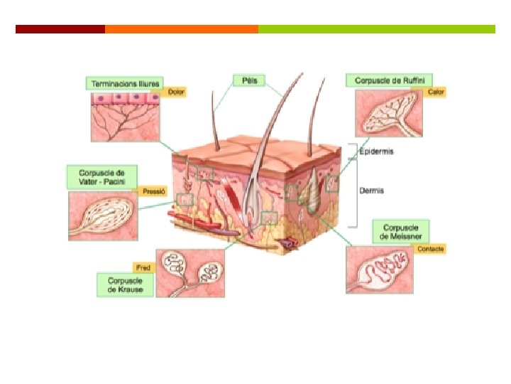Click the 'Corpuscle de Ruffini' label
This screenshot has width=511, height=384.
click(x=390, y=80)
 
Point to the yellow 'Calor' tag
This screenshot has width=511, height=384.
click(x=435, y=92)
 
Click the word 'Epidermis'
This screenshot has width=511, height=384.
click(x=377, y=151)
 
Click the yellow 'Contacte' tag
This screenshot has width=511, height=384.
click(x=431, y=249)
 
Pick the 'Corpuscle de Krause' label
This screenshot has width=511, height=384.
click(x=125, y=285)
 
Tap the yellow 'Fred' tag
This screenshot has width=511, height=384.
click(x=143, y=268)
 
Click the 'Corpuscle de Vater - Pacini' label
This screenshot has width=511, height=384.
click(x=101, y=177)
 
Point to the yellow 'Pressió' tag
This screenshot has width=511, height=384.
click(x=153, y=191)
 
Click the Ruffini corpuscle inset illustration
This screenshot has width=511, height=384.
click(x=389, y=113)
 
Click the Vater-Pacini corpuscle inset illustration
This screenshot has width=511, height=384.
click(x=104, y=216)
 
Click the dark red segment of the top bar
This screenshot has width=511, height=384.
click(x=60, y=29)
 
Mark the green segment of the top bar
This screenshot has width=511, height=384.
click(x=376, y=29)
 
